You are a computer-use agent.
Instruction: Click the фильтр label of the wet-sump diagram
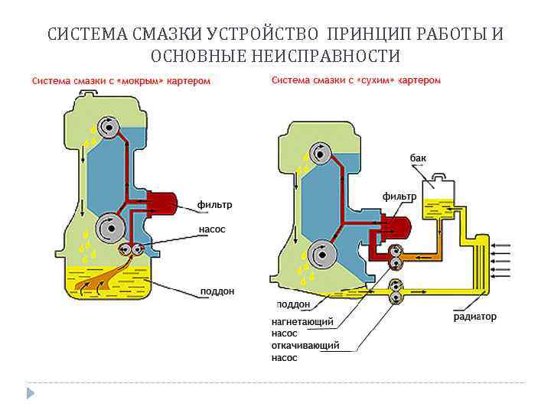(215, 205)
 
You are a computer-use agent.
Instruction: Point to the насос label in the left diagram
(212, 229)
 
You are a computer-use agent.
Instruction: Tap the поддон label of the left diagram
(217, 291)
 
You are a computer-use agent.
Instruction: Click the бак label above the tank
(418, 158)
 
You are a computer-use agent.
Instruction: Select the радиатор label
(474, 316)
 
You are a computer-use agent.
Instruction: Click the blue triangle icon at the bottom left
(31, 393)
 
